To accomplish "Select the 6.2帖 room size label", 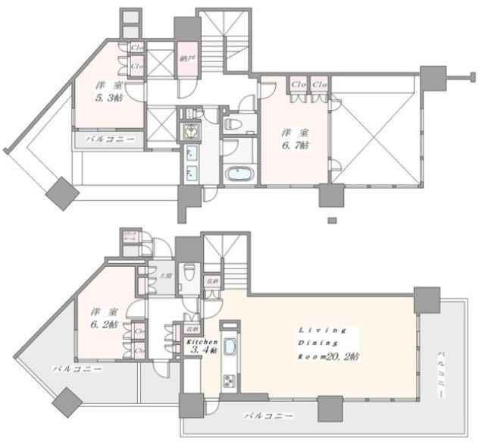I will (x=99, y=325).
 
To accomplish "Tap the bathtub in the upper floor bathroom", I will (x=240, y=172).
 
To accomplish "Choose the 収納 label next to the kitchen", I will (x=192, y=330).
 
